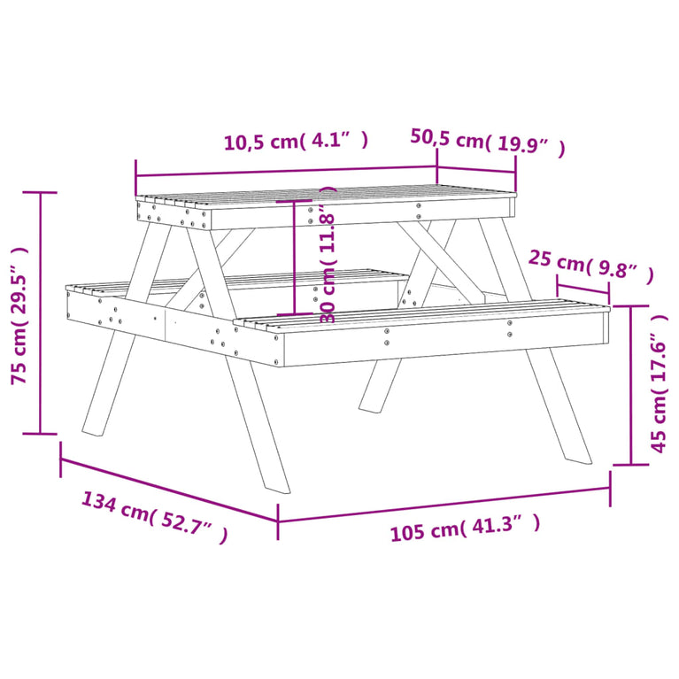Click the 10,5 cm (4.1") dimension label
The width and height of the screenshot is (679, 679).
coord(295,142)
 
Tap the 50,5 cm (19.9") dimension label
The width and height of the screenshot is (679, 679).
coord(487,142)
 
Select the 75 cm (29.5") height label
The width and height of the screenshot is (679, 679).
coord(19,315)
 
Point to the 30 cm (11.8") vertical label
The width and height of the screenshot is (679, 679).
coord(328,257)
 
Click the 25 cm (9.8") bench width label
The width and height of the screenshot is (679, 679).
coord(590,267)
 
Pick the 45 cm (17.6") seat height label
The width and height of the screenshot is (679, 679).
coord(658,393)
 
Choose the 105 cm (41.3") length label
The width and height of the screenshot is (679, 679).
coord(465,529)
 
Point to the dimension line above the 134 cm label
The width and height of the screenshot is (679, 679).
coord(168,489)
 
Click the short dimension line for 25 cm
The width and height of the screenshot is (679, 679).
coord(583,289)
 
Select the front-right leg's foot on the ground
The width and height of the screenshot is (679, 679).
coord(577,456)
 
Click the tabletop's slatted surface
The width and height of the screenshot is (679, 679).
coord(328,195)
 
